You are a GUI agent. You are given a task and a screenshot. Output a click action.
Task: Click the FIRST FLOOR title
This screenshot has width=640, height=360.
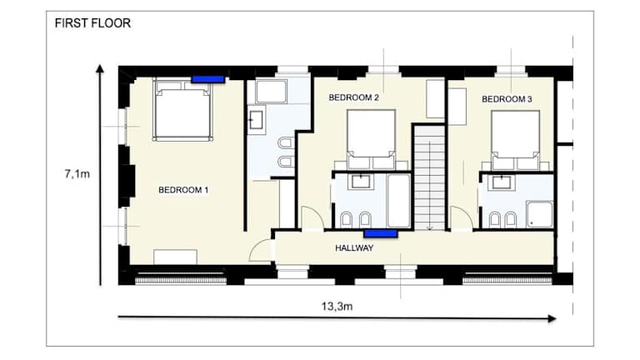92,22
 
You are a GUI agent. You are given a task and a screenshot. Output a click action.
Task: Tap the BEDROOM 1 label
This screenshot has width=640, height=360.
183,190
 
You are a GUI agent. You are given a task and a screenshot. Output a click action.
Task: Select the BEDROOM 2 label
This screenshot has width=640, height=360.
354,97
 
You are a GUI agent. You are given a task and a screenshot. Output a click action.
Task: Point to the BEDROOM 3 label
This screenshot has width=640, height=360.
507,99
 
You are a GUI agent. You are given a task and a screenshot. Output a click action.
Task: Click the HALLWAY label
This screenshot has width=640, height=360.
354,247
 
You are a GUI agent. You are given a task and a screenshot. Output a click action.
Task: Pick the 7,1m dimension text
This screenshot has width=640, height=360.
77,174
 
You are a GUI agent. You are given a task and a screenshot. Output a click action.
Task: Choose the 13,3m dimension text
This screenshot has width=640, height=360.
337,306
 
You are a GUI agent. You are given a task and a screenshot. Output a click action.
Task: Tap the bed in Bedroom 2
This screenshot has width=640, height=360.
371,140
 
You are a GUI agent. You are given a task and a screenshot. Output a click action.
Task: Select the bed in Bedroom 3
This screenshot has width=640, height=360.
516,140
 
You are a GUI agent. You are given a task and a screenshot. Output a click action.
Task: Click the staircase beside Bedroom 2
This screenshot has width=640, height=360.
429,177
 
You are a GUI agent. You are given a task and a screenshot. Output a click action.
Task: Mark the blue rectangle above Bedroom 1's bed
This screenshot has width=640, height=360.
208,79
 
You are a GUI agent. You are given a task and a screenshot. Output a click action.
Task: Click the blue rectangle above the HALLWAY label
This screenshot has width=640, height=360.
381,233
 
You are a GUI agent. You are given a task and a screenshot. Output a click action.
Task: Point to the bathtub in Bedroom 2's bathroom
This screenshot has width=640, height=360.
399,201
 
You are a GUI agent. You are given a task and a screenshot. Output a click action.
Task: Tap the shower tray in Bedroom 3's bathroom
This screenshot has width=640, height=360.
540,214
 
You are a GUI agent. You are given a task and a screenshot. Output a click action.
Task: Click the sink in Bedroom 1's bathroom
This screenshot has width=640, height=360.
257,120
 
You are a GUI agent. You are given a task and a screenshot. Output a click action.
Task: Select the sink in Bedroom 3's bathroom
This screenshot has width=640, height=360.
502,182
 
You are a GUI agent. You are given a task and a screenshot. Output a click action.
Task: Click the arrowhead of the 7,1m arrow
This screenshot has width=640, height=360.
100,68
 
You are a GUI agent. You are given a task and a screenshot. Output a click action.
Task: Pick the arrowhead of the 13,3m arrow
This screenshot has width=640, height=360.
552,319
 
